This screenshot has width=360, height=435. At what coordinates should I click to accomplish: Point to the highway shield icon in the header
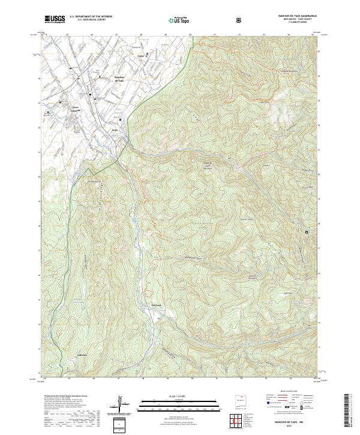pyautogui.click(x=239, y=20)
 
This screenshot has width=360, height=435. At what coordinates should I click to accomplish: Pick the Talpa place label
pyautogui.click(x=115, y=129)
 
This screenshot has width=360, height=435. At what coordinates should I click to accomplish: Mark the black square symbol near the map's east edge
pyautogui.click(x=307, y=232)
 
